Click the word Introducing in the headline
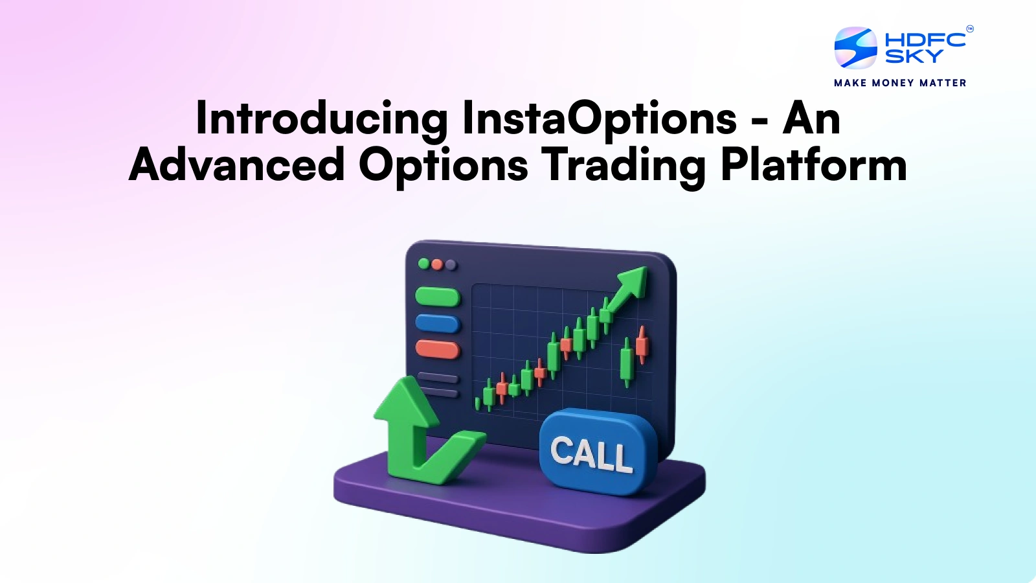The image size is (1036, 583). (x=321, y=119)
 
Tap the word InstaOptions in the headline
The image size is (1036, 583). (x=600, y=119)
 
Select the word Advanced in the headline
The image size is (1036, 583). (x=237, y=165)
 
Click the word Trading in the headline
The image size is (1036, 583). (x=624, y=165)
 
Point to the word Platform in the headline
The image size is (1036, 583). (x=813, y=165)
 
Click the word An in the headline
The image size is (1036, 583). (x=811, y=119)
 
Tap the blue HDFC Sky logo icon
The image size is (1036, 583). (x=855, y=48)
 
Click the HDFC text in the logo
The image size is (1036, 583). (x=925, y=40)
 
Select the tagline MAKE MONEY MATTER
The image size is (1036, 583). (x=900, y=83)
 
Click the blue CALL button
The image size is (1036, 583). (x=592, y=452)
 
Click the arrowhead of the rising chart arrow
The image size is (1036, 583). (x=633, y=281)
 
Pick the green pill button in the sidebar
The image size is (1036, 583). (x=437, y=297)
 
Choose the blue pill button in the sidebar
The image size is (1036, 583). (x=437, y=323)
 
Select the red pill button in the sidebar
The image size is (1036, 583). (x=437, y=349)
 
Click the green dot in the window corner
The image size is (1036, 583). (x=424, y=264)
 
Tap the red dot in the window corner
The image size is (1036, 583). (x=437, y=264)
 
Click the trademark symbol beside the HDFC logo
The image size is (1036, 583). (x=969, y=29)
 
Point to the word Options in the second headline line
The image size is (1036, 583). (x=443, y=165)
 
